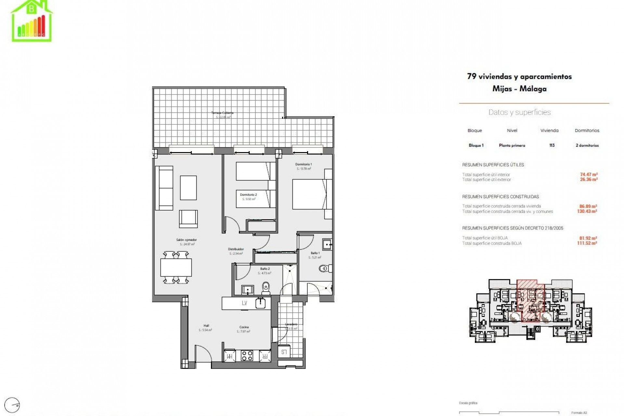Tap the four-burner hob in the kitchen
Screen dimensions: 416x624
247,356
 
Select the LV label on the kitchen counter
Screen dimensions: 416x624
244,303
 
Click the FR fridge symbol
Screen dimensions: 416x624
265,356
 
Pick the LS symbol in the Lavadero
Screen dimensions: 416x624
284,352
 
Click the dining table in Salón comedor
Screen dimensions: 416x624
176,267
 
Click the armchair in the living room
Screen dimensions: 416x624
188,219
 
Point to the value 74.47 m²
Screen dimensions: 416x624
589,175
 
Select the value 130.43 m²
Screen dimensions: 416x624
588,211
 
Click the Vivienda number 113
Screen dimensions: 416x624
552,145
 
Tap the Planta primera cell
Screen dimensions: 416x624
512,145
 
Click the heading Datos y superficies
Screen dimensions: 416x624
519,112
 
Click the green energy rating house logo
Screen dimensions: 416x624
32,21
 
